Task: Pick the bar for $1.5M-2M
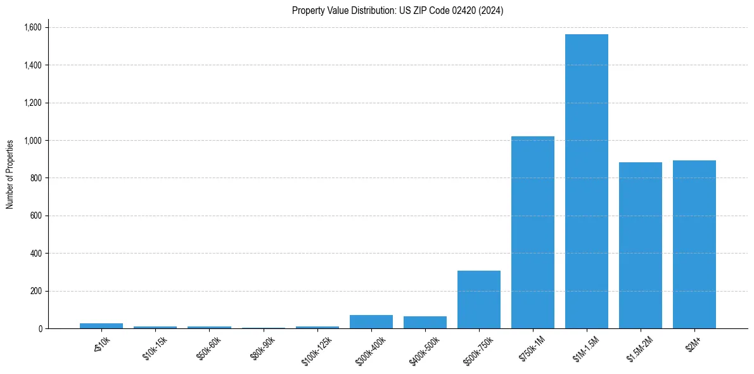click(x=640, y=245)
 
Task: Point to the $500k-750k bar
click(x=478, y=299)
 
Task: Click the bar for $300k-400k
click(x=371, y=321)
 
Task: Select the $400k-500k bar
click(x=425, y=322)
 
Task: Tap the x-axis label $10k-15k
click(x=156, y=349)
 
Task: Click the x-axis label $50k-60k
click(x=210, y=349)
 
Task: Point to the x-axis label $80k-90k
click(x=264, y=349)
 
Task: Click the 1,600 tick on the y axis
click(x=33, y=27)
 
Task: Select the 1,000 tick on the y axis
click(x=33, y=140)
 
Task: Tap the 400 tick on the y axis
click(x=37, y=254)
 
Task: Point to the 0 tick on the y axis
click(x=40, y=328)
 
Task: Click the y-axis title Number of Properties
click(x=10, y=174)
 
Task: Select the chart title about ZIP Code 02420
click(x=397, y=10)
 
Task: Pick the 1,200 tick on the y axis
click(x=33, y=103)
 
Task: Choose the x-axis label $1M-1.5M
click(x=587, y=349)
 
